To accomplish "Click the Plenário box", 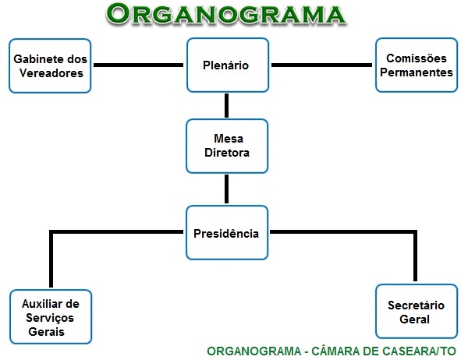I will click(227, 66).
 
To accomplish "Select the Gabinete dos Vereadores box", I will click(51, 66).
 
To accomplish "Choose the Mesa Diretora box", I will click(227, 146).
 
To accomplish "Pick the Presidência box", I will click(227, 232).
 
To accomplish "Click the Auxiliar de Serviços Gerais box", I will click(51, 316).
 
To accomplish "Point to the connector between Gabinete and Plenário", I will click(139, 65).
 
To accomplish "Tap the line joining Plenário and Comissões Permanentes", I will click(322, 65).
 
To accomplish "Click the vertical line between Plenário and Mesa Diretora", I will click(227, 106).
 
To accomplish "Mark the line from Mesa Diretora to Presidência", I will click(227, 189).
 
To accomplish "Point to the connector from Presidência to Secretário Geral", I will click(343, 232).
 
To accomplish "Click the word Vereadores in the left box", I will click(51, 73).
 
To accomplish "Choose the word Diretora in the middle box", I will click(227, 153).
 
